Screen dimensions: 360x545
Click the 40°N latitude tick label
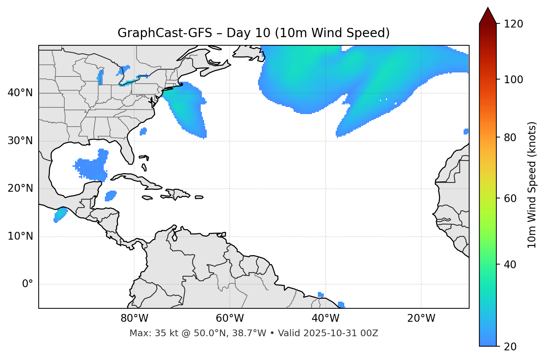[20, 93]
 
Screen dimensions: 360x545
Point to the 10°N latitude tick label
[20, 236]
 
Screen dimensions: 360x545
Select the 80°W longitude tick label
[134, 318]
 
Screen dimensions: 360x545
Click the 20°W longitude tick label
[421, 318]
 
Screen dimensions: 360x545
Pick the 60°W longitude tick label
[230, 318]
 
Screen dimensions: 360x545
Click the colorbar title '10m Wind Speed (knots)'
[532, 185]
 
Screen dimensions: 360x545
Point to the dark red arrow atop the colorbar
[488, 16]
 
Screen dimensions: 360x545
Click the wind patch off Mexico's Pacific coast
[60, 215]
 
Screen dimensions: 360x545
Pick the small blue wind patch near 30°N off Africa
[466, 132]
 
